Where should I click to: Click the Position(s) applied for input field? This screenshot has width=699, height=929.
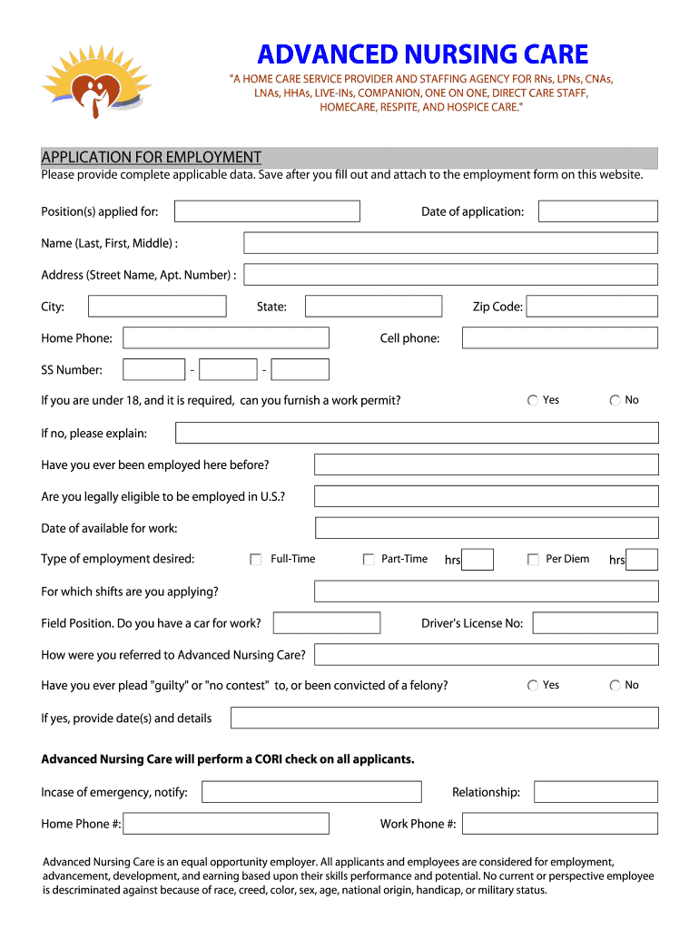pyautogui.click(x=267, y=211)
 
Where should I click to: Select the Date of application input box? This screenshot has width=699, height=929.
pyautogui.click(x=597, y=211)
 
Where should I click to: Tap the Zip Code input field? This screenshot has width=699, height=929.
pyautogui.click(x=592, y=307)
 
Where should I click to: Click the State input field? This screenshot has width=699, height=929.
pyautogui.click(x=373, y=307)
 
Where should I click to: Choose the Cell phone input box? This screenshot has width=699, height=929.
pyautogui.click(x=559, y=338)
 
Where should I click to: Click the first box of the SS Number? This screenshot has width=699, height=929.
pyautogui.click(x=153, y=369)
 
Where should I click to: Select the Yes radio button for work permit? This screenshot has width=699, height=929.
pyautogui.click(x=533, y=400)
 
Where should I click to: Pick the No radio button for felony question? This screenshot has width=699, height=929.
pyautogui.click(x=615, y=686)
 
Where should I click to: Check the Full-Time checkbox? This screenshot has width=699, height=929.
pyautogui.click(x=256, y=560)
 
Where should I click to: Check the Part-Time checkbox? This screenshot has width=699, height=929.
pyautogui.click(x=369, y=560)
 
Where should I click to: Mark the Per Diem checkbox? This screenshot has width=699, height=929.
pyautogui.click(x=533, y=560)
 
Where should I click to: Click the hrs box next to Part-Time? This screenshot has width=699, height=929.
pyautogui.click(x=477, y=560)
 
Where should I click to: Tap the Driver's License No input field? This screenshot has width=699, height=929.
pyautogui.click(x=595, y=623)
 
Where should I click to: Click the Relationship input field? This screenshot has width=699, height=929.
pyautogui.click(x=595, y=792)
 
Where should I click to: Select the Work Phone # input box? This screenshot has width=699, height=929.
pyautogui.click(x=559, y=824)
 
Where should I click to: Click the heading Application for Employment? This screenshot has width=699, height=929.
pyautogui.click(x=152, y=157)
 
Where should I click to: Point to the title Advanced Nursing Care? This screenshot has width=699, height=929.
pyautogui.click(x=422, y=54)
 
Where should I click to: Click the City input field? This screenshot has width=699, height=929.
pyautogui.click(x=157, y=307)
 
